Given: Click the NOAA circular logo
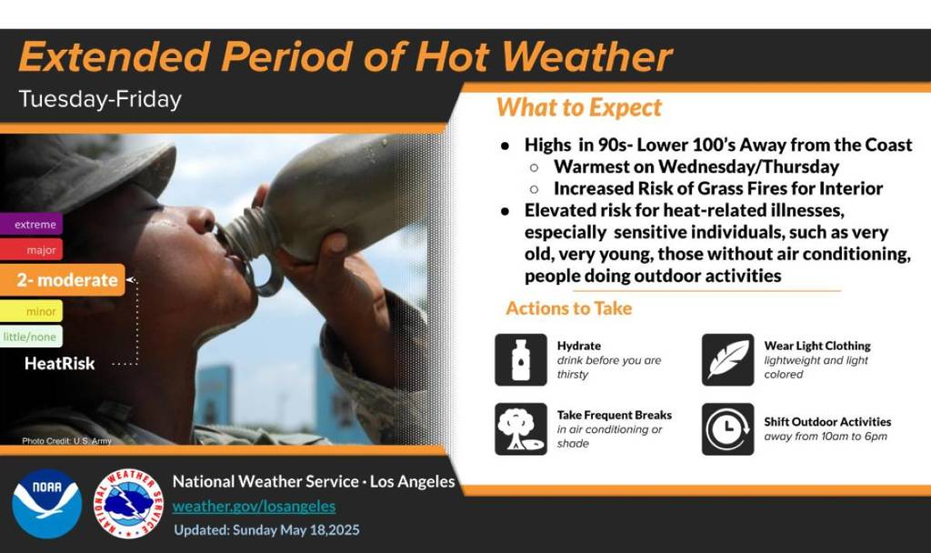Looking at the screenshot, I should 46,503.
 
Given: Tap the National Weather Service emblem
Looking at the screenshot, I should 129,503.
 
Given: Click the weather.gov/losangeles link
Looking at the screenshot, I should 254,506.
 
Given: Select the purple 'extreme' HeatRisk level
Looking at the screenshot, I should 31,224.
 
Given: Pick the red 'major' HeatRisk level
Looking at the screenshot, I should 31,249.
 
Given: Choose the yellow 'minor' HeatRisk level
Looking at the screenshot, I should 31,311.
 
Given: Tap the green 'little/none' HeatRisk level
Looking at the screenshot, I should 31,337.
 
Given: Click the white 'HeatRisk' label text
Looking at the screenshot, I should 60,364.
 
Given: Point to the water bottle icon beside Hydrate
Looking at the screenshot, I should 521,359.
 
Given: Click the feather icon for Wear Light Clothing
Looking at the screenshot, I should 727,359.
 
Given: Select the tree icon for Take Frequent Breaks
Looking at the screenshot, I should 521,428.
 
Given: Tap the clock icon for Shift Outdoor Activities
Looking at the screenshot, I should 727,428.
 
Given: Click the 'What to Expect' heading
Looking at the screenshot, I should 579,107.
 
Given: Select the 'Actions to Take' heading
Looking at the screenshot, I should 568,308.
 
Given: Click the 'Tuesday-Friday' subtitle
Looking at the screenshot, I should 100,99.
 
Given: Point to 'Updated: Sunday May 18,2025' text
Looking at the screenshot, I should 266,529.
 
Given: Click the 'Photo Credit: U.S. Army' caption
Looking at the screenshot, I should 66,440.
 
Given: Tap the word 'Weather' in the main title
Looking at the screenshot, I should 586,56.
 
